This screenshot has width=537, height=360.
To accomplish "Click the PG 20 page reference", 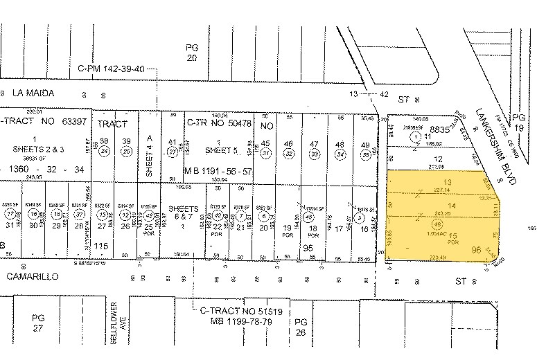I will coord(192,53).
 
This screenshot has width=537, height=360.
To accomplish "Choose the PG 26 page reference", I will coord(300,327).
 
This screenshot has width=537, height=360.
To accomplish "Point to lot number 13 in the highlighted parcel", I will coord(447,181).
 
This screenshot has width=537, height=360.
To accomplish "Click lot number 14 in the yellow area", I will coord(452,206).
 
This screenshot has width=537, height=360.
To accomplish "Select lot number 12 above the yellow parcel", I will coord(437,159).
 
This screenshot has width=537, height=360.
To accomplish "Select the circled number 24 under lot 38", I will coord(105,151).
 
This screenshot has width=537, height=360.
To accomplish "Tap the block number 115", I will coord(103,246).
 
